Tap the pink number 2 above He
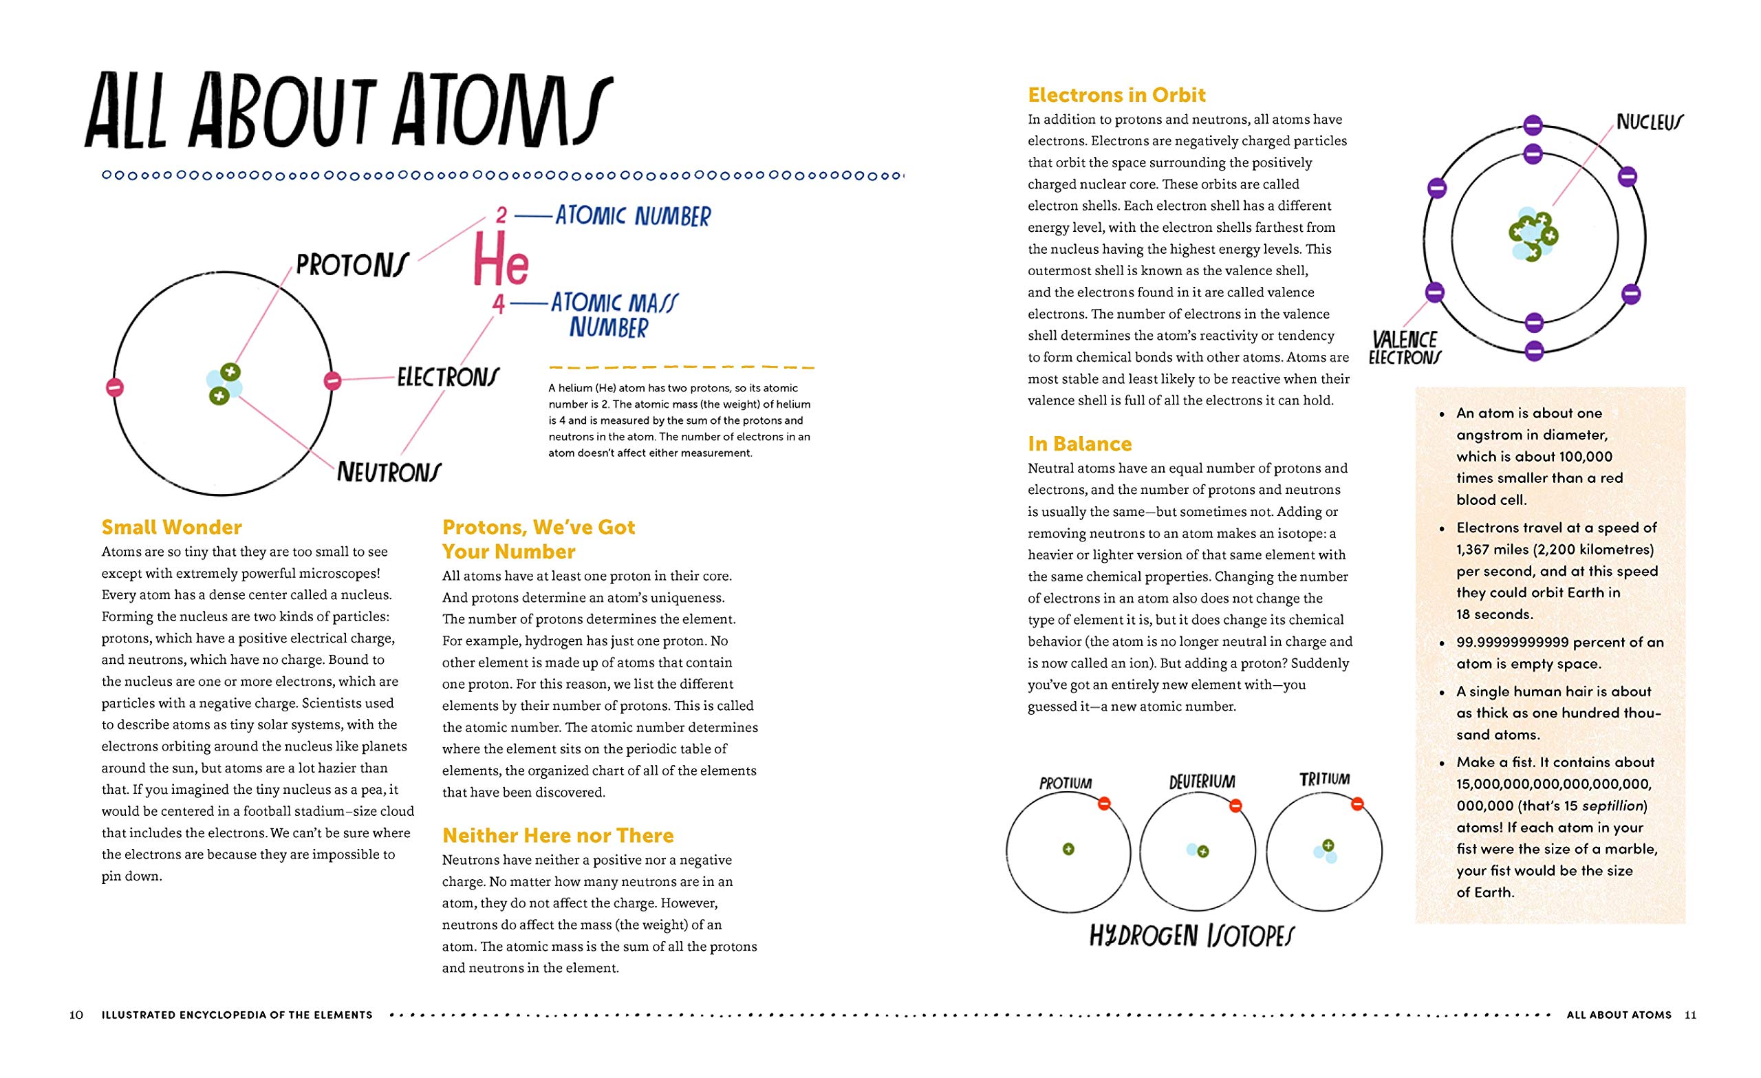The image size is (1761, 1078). pyautogui.click(x=501, y=215)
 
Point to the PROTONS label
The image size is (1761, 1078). pyautogui.click(x=352, y=266)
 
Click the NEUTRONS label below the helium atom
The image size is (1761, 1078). pyautogui.click(x=389, y=472)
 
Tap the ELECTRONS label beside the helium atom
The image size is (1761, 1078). pyautogui.click(x=448, y=377)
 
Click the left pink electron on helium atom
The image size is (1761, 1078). pyautogui.click(x=115, y=387)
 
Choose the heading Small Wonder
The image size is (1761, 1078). pyautogui.click(x=171, y=528)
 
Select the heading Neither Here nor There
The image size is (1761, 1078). pyautogui.click(x=557, y=836)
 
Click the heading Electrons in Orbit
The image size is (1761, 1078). pyautogui.click(x=1116, y=95)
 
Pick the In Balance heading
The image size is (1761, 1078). pyautogui.click(x=1079, y=444)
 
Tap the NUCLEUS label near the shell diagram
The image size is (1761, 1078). pyautogui.click(x=1650, y=122)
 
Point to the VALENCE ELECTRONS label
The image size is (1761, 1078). pyautogui.click(x=1405, y=348)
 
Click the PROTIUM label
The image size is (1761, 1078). pyautogui.click(x=1065, y=784)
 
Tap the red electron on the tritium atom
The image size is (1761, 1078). pyautogui.click(x=1357, y=804)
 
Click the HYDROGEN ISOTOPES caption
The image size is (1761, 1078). pyautogui.click(x=1191, y=936)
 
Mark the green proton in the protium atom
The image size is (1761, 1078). pyautogui.click(x=1068, y=849)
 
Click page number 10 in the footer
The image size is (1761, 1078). pyautogui.click(x=76, y=1015)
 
